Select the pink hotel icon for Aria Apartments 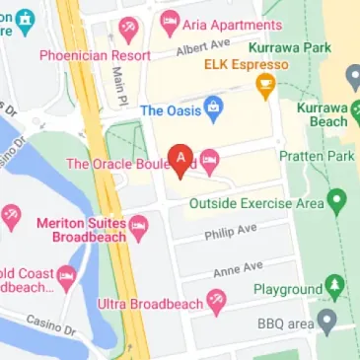[170, 21]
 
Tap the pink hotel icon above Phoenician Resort [128, 28]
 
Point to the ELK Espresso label [246, 64]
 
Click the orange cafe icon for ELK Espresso [265, 88]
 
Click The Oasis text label [171, 110]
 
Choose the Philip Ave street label [230, 232]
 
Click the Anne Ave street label [238, 268]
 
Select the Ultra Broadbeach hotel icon [216, 301]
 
